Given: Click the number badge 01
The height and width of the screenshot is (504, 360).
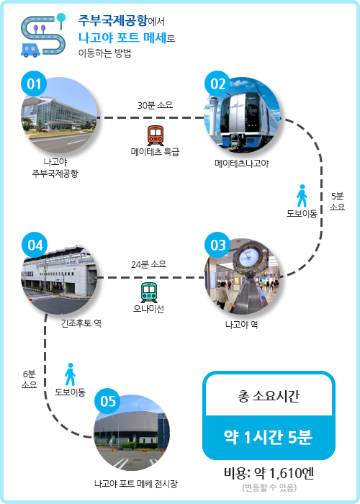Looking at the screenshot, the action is (34, 84).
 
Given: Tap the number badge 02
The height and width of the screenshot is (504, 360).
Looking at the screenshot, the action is (217, 84).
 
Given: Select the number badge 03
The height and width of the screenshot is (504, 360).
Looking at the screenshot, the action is (217, 245).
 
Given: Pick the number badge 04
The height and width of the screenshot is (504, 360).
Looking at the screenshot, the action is (35, 245).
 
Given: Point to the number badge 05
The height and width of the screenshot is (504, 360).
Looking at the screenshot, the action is (107, 401).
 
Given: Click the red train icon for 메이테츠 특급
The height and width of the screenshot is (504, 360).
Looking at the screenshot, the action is (156, 135).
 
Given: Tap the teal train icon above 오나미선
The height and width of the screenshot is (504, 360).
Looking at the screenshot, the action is (149, 292).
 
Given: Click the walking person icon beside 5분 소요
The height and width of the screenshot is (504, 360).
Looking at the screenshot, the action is (302, 196).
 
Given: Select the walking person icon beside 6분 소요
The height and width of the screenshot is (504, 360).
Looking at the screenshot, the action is (70, 374).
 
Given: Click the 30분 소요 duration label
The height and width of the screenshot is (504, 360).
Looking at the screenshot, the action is (156, 105).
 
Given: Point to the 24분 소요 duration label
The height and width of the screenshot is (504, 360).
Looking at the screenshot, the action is (148, 264).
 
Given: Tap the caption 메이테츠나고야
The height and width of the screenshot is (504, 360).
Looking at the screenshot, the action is (242, 163).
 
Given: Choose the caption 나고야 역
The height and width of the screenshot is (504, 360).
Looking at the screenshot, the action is (241, 325).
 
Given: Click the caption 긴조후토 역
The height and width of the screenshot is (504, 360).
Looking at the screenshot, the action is (81, 323).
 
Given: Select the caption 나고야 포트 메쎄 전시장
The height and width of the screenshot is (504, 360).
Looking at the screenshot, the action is (136, 483).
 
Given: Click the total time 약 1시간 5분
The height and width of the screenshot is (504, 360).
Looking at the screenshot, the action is (269, 437).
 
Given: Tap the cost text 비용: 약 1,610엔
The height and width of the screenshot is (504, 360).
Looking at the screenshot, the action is (269, 473).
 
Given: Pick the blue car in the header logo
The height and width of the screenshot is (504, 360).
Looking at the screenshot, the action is (30, 50).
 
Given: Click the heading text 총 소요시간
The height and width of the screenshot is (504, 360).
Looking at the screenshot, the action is (269, 396).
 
